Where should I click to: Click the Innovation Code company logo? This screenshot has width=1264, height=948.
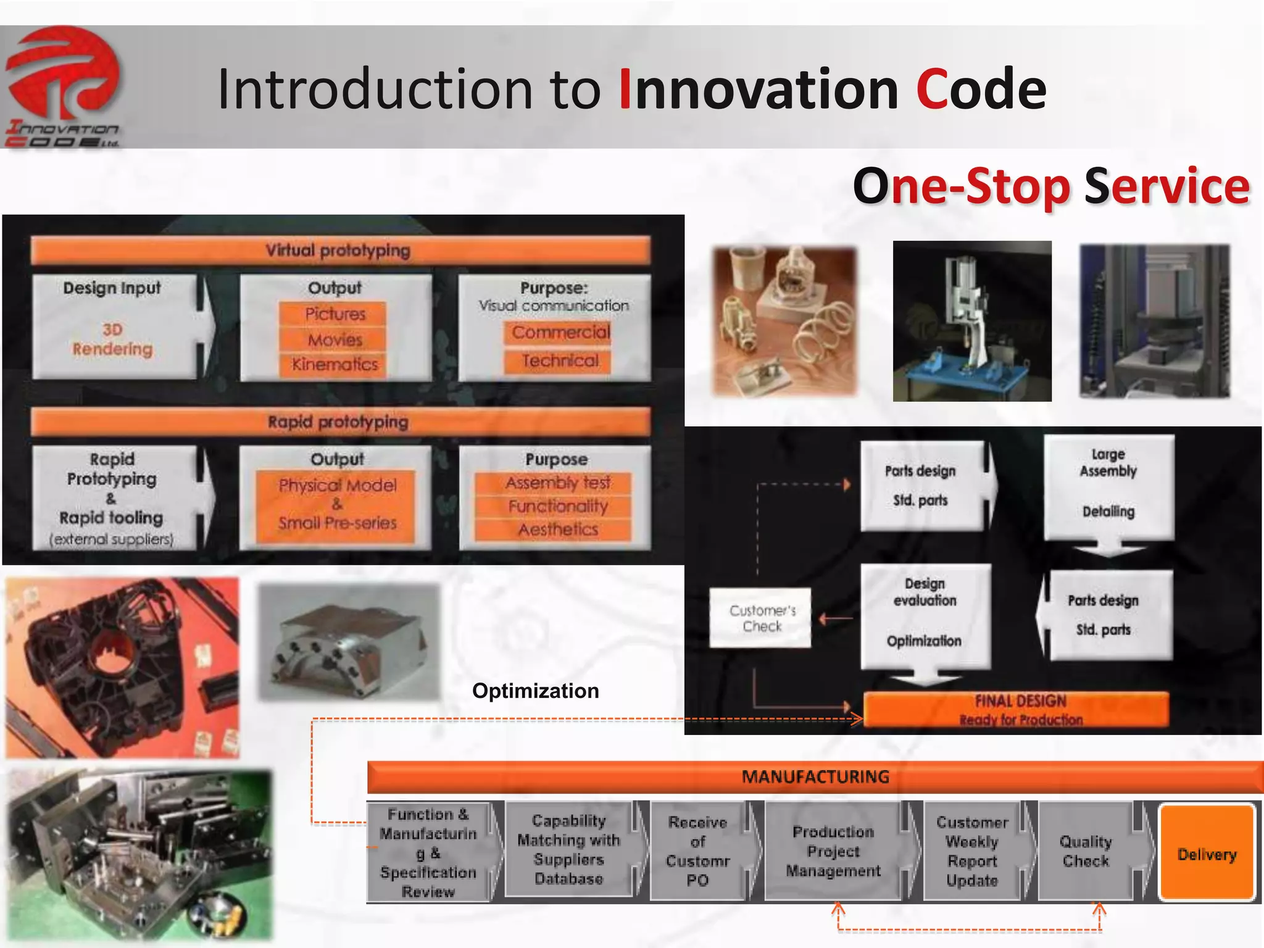point(63,86)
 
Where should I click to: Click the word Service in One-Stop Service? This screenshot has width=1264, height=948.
point(1166,186)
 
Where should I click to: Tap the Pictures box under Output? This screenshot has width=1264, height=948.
point(333,314)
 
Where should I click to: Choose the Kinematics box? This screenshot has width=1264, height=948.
point(333,364)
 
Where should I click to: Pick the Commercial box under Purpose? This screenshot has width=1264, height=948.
point(559,333)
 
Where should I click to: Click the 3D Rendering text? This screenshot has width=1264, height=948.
point(112,339)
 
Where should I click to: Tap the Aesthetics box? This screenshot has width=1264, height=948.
point(557,530)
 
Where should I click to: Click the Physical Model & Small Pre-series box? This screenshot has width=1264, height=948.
point(336,505)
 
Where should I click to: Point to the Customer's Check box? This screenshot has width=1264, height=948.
point(761,618)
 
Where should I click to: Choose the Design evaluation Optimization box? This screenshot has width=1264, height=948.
point(925,615)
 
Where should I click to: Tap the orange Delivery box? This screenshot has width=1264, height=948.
point(1207,854)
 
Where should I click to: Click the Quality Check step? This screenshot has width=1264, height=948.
point(1085,851)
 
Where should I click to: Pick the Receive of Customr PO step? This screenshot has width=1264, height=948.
point(697,851)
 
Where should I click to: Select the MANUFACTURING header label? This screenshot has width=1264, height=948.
point(815,776)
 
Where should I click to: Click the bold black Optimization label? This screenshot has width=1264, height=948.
point(535,691)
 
